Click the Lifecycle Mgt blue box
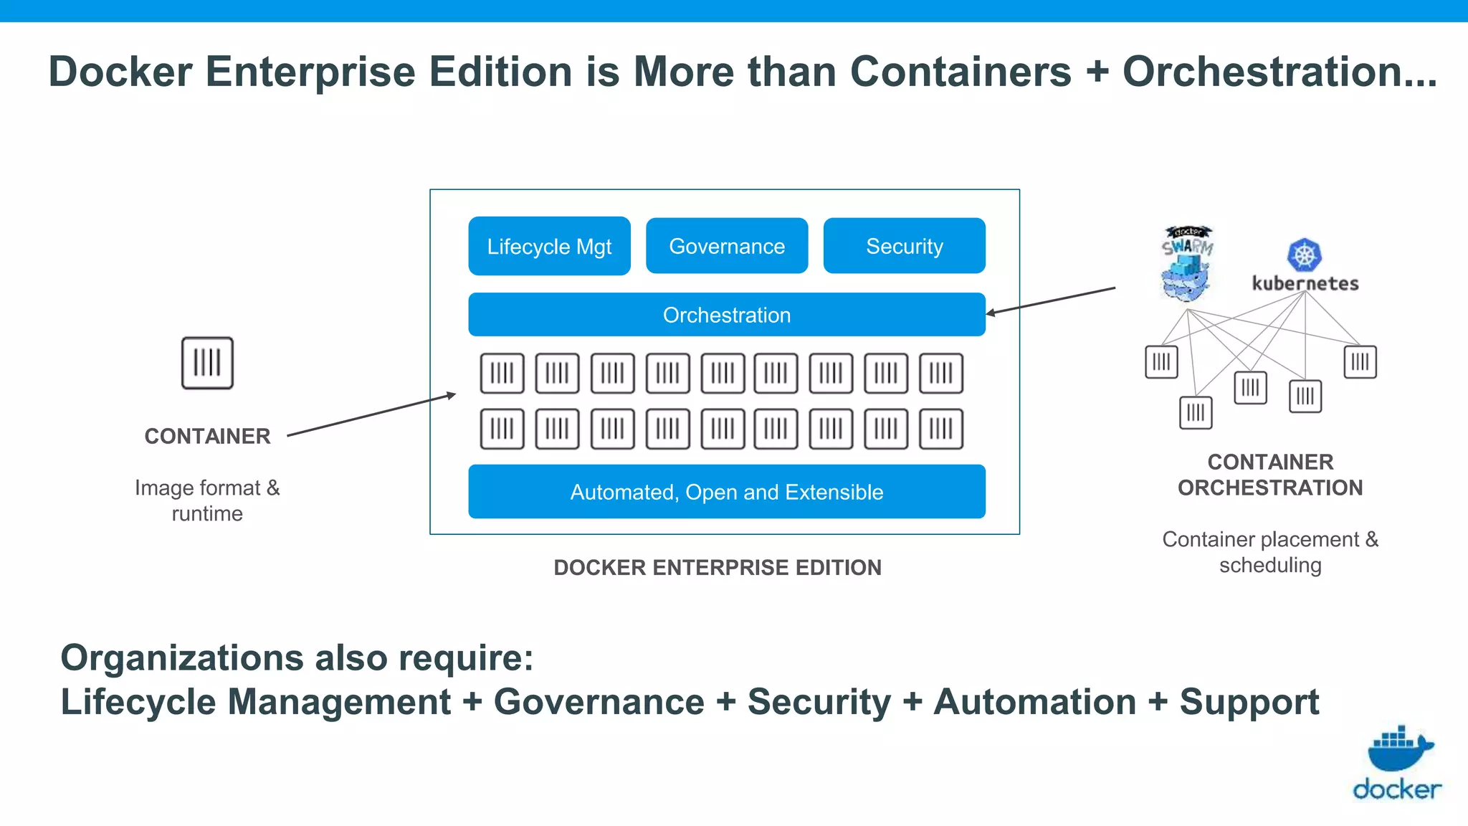(x=549, y=246)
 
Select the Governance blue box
(x=727, y=246)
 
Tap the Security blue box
(x=904, y=246)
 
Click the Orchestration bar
(x=727, y=315)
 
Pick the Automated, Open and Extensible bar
(x=727, y=492)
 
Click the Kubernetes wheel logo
(x=1305, y=255)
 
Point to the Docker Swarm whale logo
(x=1187, y=265)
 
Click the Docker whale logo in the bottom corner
(x=1398, y=749)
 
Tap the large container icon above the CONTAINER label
(x=207, y=363)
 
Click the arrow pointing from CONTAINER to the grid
(x=371, y=414)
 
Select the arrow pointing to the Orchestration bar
(x=1051, y=300)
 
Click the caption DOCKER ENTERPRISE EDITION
(x=718, y=567)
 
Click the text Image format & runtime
(x=207, y=500)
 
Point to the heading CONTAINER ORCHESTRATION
(x=1270, y=475)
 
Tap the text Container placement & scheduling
(x=1270, y=552)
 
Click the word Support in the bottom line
(x=1249, y=702)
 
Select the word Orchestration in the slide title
(x=1279, y=72)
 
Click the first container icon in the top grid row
(x=502, y=373)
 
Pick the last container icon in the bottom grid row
(x=941, y=429)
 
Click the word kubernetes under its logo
(x=1305, y=284)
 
